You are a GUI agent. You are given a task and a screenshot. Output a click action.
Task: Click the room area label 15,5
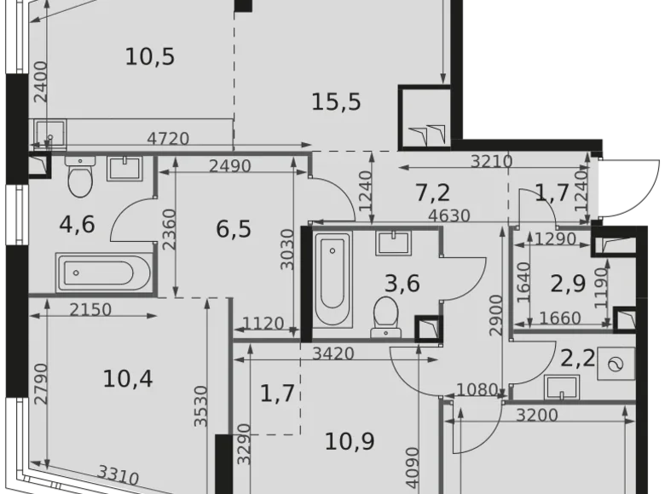point(336,103)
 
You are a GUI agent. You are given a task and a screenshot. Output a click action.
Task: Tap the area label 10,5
point(150,57)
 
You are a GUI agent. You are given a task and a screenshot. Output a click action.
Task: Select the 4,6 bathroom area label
point(77,224)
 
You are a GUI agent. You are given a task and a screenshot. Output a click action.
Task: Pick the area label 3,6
point(402,284)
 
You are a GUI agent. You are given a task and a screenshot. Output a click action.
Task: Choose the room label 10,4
point(128,378)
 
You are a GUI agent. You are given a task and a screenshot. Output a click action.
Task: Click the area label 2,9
point(568,284)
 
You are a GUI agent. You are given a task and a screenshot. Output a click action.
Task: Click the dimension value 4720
point(168,138)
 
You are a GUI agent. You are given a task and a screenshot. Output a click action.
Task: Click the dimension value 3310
point(119,475)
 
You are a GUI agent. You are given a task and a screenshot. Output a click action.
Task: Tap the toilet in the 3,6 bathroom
point(385,314)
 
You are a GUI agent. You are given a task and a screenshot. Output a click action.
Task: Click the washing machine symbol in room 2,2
point(616,365)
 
